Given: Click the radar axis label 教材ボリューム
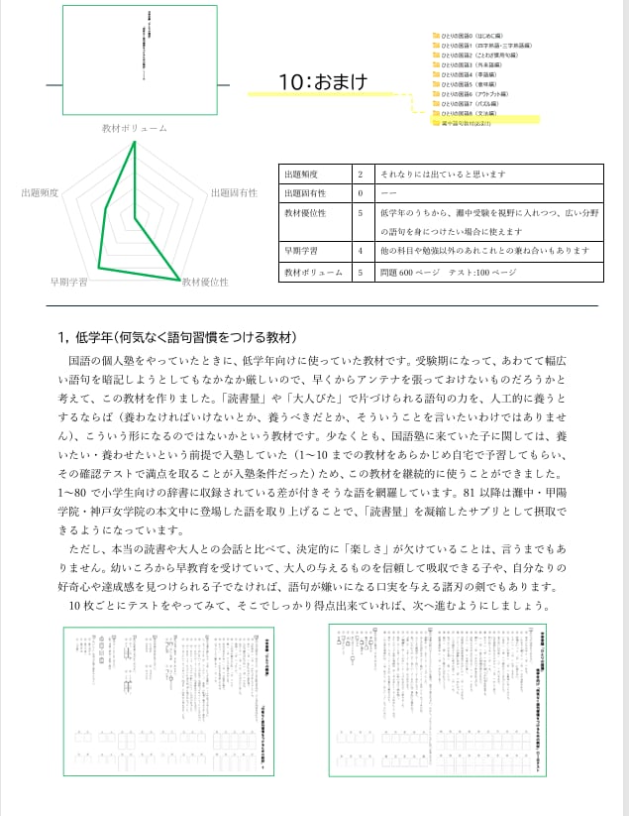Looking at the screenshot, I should [134, 129].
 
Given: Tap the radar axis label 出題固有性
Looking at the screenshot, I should [234, 192].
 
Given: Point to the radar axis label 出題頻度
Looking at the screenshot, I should [41, 192].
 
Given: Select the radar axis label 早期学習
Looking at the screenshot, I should [68, 283].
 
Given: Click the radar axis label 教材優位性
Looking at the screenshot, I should [205, 283].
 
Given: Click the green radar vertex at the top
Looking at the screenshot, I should [134, 143].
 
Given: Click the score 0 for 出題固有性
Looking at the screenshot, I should [360, 192].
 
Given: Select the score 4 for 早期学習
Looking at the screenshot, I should [360, 251].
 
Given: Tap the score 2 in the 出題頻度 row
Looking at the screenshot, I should [360, 174].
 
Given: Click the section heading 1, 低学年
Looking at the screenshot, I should [178, 336].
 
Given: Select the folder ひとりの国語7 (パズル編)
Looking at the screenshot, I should [470, 104].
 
